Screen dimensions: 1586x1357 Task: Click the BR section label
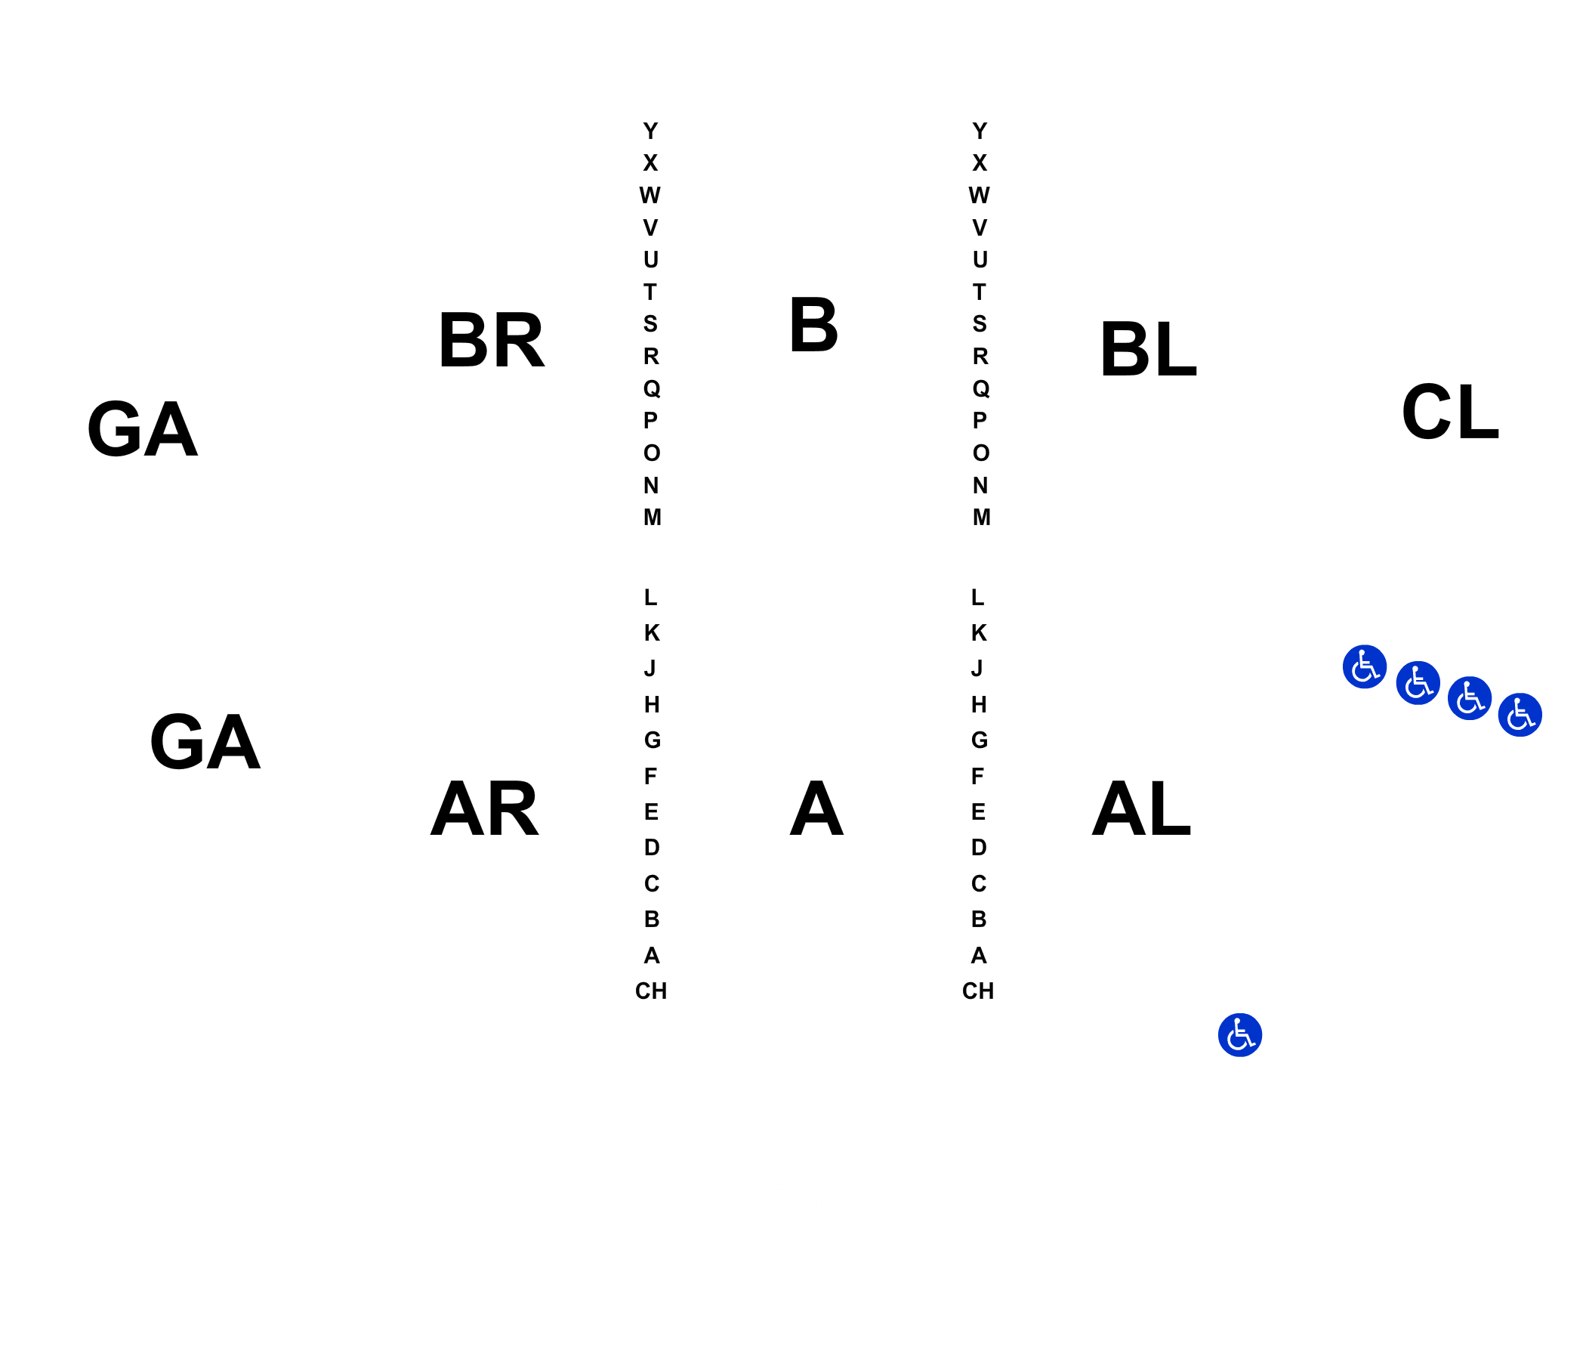pyautogui.click(x=491, y=340)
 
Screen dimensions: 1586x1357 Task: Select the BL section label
pyautogui.click(x=1147, y=349)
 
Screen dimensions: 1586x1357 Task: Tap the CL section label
pyautogui.click(x=1450, y=412)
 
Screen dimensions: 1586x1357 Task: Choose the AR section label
pyautogui.click(x=485, y=808)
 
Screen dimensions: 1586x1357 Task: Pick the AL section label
pyautogui.click(x=1141, y=808)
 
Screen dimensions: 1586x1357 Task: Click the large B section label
pyautogui.click(x=813, y=326)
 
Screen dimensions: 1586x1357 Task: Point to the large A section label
pyautogui.click(x=816, y=808)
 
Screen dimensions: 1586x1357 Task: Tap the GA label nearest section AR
pyautogui.click(x=205, y=741)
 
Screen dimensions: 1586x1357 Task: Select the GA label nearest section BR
pyautogui.click(x=143, y=429)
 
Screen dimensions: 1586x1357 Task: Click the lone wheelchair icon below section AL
pyautogui.click(x=1240, y=1035)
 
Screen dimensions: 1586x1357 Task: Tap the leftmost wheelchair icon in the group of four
pyautogui.click(x=1365, y=666)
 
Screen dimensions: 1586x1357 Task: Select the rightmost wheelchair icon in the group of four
pyautogui.click(x=1520, y=715)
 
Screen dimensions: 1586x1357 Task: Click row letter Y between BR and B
pyautogui.click(x=650, y=131)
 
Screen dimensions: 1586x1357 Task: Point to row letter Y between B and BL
pyautogui.click(x=980, y=131)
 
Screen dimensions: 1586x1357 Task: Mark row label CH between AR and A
pyautogui.click(x=651, y=991)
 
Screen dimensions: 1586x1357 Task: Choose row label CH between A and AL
pyautogui.click(x=978, y=991)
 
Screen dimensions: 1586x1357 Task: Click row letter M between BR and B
pyautogui.click(x=653, y=518)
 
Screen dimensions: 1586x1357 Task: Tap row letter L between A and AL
pyautogui.click(x=977, y=598)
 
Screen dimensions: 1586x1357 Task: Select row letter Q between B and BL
pyautogui.click(x=980, y=389)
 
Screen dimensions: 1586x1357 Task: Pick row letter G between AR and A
pyautogui.click(x=653, y=740)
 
